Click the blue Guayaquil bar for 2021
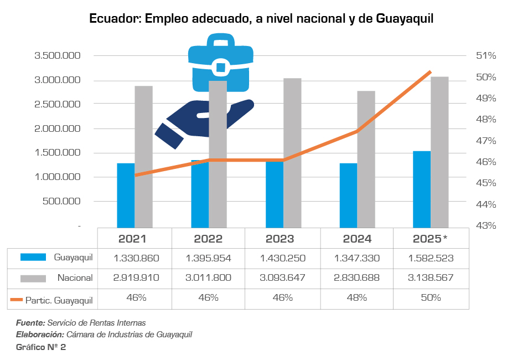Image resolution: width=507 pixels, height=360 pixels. (126, 195)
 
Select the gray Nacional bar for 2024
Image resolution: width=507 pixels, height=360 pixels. (366, 159)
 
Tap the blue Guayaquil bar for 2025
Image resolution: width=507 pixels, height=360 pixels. (422, 189)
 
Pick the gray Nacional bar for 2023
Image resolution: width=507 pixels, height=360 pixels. (292, 153)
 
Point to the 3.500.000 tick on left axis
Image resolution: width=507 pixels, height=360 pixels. (58, 56)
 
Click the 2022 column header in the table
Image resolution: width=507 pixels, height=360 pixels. (208, 239)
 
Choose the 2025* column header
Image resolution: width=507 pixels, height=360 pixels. (430, 239)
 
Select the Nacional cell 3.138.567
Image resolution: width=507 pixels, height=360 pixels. (430, 278)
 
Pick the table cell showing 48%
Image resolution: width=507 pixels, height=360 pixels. (357, 298)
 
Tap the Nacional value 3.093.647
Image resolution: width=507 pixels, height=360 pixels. (282, 278)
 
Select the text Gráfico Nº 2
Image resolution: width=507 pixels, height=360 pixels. (41, 347)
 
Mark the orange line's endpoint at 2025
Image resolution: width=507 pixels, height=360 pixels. (430, 72)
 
